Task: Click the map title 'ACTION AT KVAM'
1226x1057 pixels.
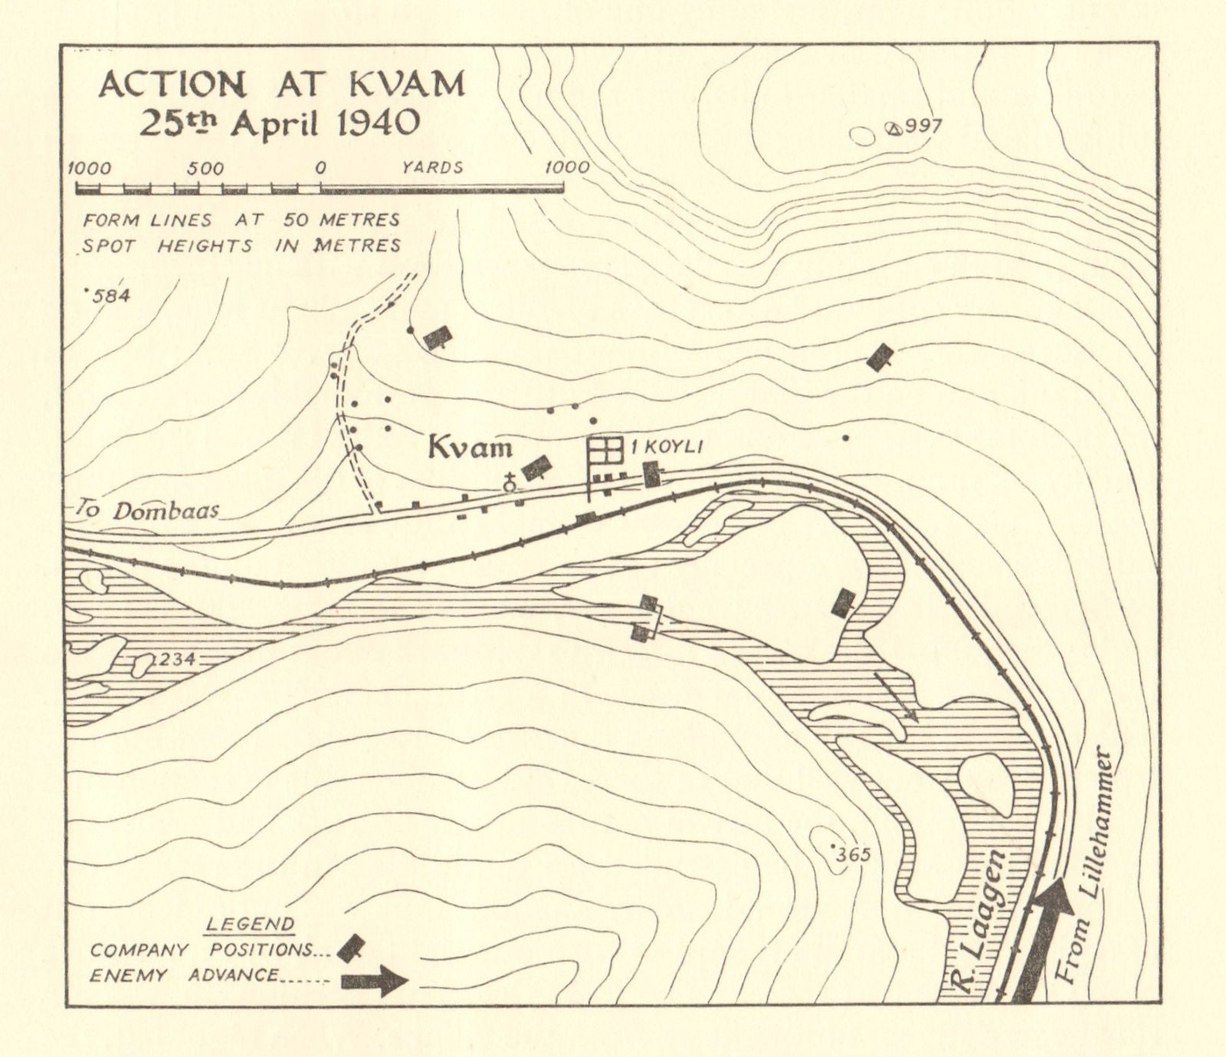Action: [281, 84]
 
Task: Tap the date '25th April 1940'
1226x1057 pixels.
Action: [280, 123]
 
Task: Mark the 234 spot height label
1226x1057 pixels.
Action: [175, 660]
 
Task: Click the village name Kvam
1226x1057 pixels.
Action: [469, 446]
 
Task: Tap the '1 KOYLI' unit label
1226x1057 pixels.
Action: [666, 447]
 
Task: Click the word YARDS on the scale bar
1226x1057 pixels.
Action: [433, 167]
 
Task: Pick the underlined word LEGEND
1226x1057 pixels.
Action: [249, 924]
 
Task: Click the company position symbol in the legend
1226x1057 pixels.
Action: [351, 948]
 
